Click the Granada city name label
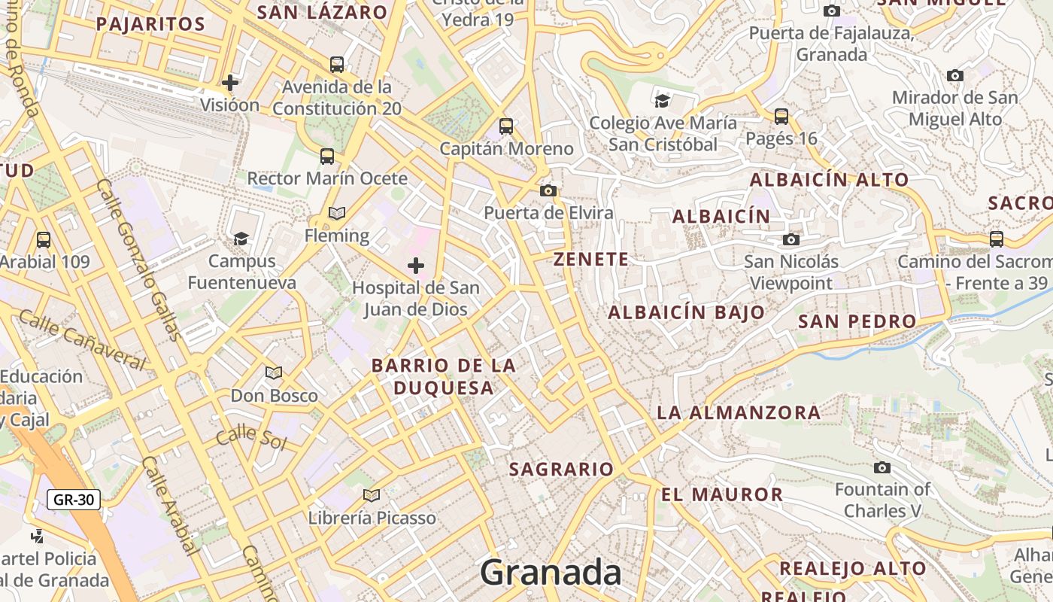[x=551, y=572]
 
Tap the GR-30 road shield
[x=74, y=499]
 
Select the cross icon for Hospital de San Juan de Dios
[x=416, y=265]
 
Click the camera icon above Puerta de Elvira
[x=548, y=190]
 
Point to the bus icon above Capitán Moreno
[x=506, y=126]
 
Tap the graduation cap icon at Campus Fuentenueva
[x=241, y=239]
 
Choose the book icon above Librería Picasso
[x=371, y=495]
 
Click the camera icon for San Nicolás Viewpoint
[x=791, y=239]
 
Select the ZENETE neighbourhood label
[x=591, y=260]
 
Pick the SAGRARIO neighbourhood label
[x=562, y=470]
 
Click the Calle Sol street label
[x=251, y=437]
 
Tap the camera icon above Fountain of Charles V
[x=882, y=467]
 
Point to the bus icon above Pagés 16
[x=781, y=116]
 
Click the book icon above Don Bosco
[x=274, y=372]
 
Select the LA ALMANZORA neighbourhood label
[x=739, y=412]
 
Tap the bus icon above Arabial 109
[x=44, y=239]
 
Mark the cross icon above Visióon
[x=230, y=82]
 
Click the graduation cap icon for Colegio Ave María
[x=662, y=101]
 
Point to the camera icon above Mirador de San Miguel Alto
[x=955, y=75]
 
